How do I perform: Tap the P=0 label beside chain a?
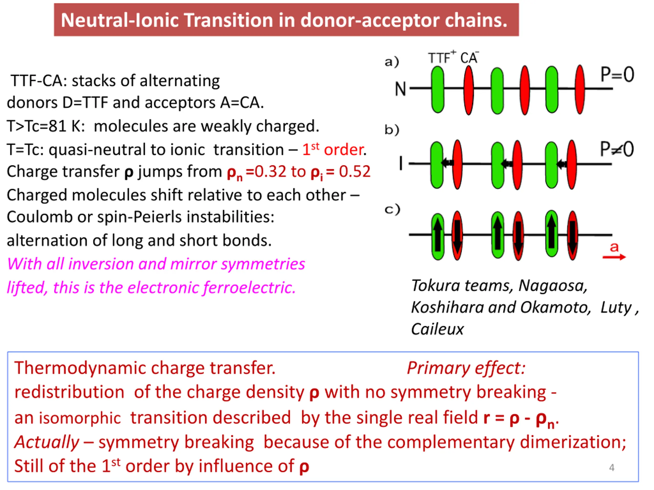tap(617, 75)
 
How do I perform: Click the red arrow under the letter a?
tap(614, 257)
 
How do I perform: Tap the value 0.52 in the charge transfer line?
tap(355, 171)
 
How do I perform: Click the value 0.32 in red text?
tap(270, 171)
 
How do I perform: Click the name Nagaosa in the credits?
tap(553, 286)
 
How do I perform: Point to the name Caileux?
tap(437, 329)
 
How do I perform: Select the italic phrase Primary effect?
tap(466, 368)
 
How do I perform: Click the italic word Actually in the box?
tap(47, 442)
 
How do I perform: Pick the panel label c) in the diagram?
tap(392, 210)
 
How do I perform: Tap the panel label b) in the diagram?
tap(392, 130)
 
